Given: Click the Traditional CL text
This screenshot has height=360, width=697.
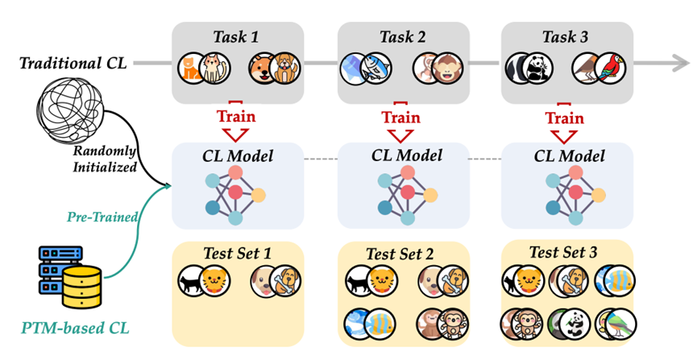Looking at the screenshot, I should point(72,63).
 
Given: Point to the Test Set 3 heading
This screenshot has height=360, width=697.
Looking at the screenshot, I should point(566,252).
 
